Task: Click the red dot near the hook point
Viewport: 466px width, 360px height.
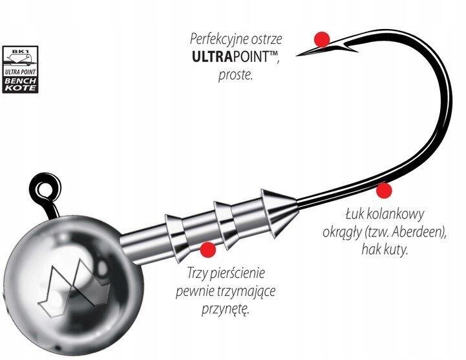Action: (x=322, y=39)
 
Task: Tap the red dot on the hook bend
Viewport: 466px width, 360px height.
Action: (x=384, y=190)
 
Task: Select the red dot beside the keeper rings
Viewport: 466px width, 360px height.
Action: (x=208, y=249)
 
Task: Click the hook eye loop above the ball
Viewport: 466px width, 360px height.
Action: (x=45, y=188)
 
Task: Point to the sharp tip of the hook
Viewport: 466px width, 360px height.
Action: (x=297, y=56)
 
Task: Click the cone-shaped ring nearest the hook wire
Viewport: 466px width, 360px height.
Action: (x=278, y=213)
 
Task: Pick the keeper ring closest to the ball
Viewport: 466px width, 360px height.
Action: (x=177, y=238)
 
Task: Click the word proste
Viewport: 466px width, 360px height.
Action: (x=236, y=75)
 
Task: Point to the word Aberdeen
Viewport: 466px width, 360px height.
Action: (x=418, y=232)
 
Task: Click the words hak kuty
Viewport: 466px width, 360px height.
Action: (x=384, y=249)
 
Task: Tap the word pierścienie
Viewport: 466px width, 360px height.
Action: (x=237, y=273)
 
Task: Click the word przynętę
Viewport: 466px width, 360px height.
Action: (x=225, y=310)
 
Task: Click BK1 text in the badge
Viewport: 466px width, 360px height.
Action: (x=20, y=51)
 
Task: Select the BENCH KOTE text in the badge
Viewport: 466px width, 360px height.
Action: (x=20, y=85)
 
